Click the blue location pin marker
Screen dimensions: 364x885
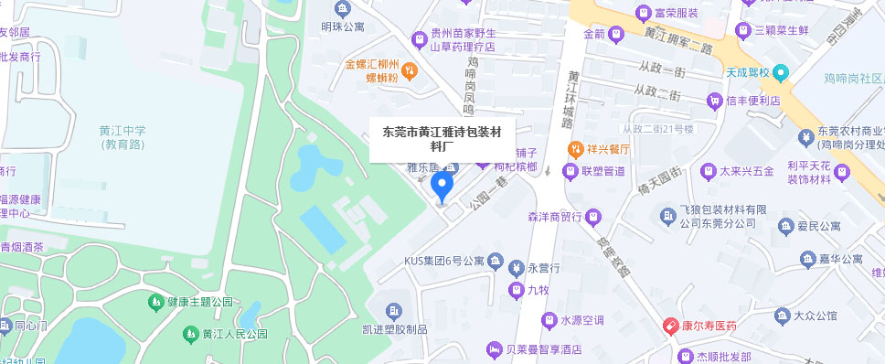pos(442,187)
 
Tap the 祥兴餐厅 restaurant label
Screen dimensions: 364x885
pos(601,148)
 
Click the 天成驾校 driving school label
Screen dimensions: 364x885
pos(748,71)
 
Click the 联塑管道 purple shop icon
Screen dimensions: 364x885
pos(570,172)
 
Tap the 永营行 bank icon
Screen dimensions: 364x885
pos(516,267)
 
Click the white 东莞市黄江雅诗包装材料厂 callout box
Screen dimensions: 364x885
pos(442,138)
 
